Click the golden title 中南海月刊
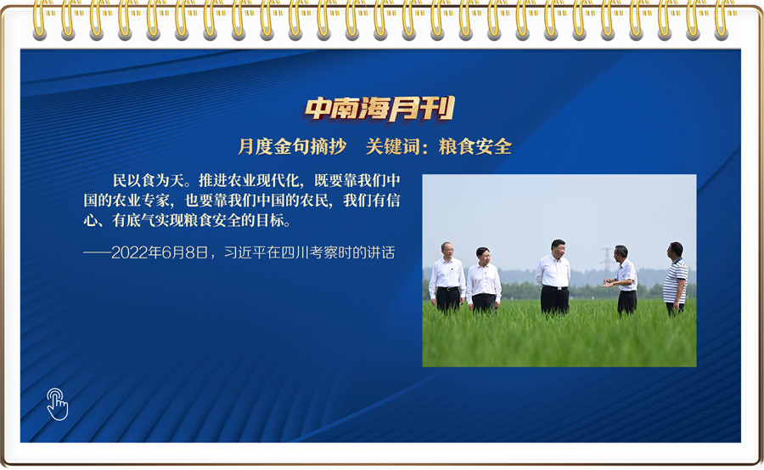point(379,108)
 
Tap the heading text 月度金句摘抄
point(292,146)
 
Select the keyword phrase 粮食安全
point(475,146)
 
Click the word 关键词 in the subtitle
point(393,146)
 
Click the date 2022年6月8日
point(160,252)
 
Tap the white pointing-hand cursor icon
point(58,404)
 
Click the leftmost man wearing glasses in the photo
point(447,277)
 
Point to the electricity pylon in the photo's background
point(607,262)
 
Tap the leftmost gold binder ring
point(39,20)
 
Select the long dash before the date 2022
point(98,252)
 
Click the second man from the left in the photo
point(483,280)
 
